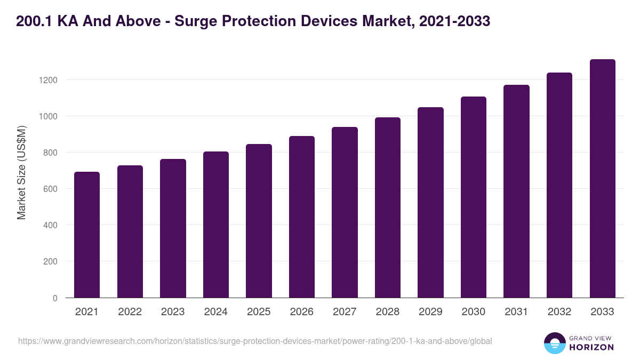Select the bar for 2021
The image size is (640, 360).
87,235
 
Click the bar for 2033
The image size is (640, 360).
602,179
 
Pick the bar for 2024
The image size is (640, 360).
215,225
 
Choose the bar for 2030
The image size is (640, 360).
474,197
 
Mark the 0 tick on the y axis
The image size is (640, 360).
55,298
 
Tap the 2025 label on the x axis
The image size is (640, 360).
259,312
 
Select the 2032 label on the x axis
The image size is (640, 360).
559,312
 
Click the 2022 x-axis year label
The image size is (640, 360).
130,312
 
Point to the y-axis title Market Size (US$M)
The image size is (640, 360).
21,172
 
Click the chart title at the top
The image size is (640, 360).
253,21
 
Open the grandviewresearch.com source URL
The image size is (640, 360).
255,341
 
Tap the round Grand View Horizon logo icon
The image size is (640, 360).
554,343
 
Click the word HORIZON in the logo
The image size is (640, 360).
592,347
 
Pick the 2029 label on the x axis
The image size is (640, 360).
430,312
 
